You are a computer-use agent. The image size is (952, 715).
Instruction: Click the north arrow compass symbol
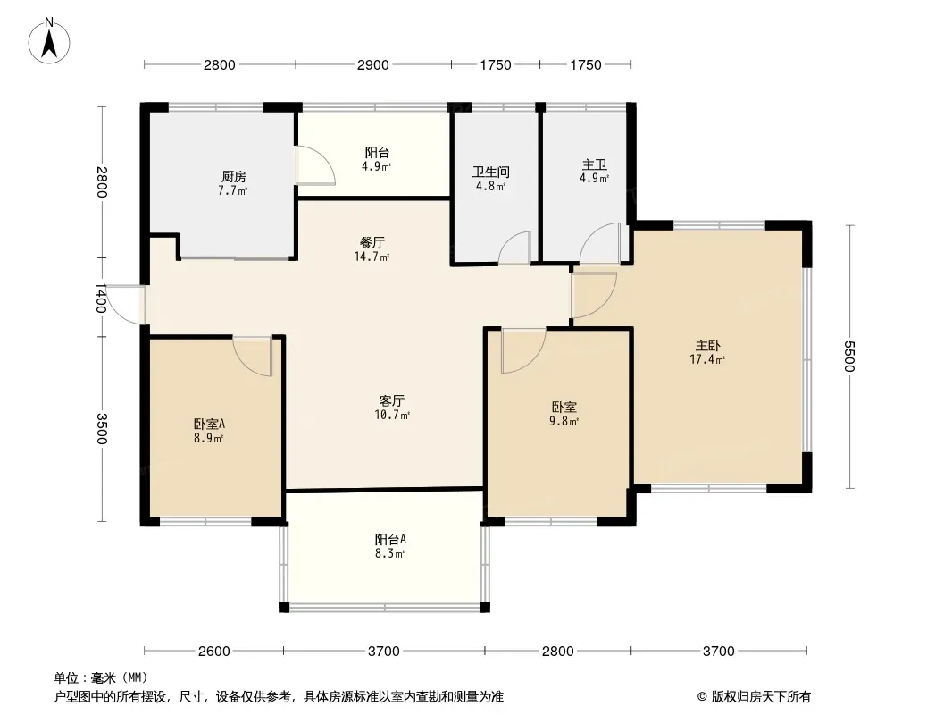tap(49, 40)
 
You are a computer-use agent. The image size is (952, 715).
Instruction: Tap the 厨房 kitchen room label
tap(234, 177)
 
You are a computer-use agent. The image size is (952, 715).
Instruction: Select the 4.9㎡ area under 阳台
tap(377, 166)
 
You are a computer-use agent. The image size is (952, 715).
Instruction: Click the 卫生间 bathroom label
tap(490, 172)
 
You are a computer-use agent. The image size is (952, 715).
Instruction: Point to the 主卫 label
tap(595, 164)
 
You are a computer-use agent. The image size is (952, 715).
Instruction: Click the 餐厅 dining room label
tap(372, 242)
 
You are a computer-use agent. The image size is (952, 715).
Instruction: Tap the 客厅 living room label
tap(392, 401)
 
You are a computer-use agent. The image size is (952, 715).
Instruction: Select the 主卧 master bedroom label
tap(708, 346)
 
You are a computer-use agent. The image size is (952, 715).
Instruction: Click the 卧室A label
tap(210, 424)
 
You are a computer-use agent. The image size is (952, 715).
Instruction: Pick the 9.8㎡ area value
tap(564, 421)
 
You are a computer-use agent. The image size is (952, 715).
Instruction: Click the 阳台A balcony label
tap(390, 539)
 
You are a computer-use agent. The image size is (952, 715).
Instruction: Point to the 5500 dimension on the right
tap(848, 357)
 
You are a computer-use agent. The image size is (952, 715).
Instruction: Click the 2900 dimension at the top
tap(372, 65)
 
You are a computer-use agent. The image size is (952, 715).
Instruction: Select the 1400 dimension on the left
tap(101, 299)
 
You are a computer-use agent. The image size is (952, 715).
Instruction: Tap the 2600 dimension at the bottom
tap(214, 652)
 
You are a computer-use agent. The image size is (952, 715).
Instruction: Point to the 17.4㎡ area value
tap(707, 359)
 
